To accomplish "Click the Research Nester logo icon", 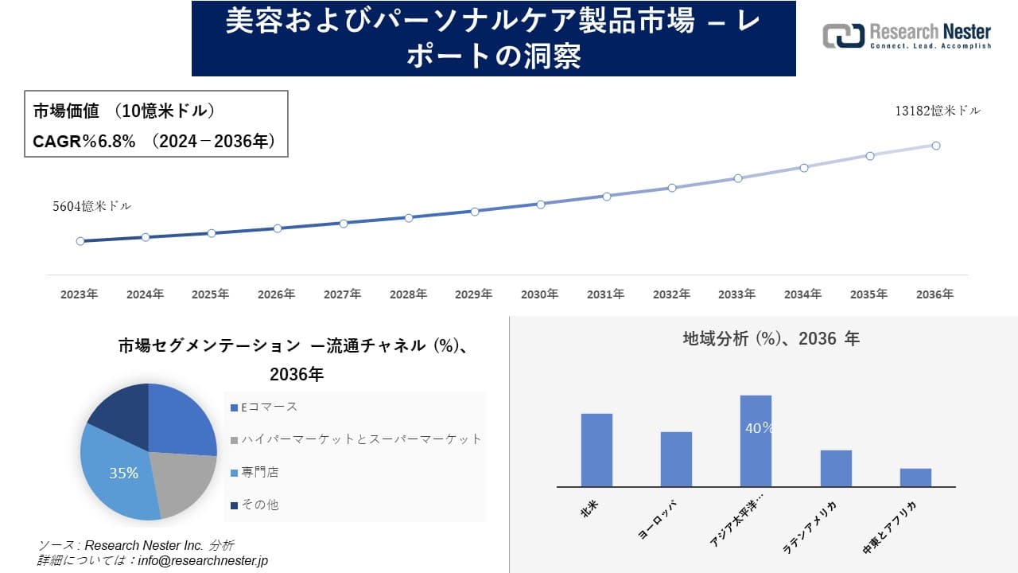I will (843, 36).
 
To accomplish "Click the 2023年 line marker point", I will (80, 241).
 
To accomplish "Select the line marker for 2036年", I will (936, 146).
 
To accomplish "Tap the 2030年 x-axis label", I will (539, 294).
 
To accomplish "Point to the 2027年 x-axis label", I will (342, 294).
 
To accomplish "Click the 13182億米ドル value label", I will (938, 111).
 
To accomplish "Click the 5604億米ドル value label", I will (92, 206).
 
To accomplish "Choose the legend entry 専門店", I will (259, 472).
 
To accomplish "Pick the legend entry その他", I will (259, 505).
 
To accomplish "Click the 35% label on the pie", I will (123, 474).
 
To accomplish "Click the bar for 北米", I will (596, 450).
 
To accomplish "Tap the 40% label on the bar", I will (758, 428).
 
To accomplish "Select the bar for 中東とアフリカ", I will (915, 477).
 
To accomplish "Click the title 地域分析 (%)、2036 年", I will (771, 338).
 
